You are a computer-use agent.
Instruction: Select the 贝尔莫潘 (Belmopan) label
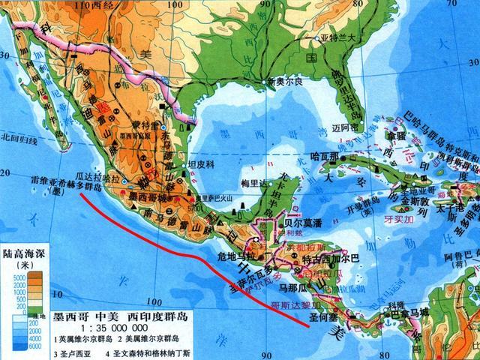pos(293,223)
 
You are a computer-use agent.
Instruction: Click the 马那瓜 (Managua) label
pos(292,286)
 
